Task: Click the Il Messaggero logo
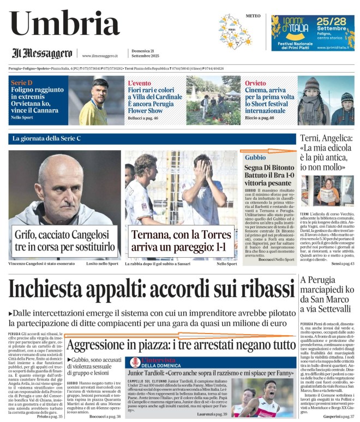coord(42,54)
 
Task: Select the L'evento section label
coord(139,83)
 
